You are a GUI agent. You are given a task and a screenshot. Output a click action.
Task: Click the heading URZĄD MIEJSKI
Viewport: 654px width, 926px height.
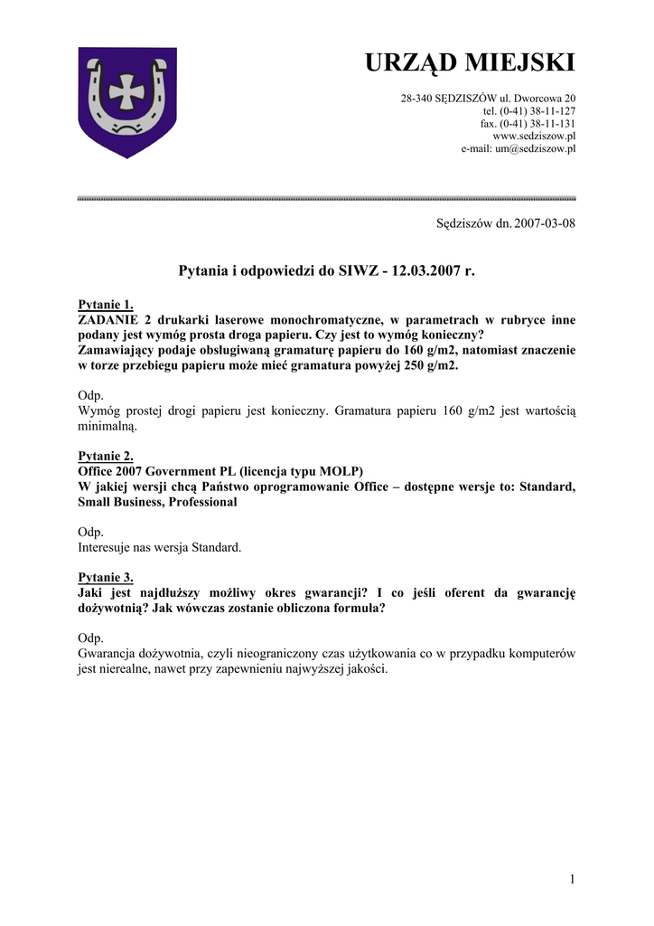(469, 62)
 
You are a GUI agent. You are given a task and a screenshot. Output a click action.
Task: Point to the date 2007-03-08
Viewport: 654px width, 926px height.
(545, 222)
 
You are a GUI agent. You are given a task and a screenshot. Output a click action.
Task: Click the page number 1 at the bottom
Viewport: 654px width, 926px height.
(572, 879)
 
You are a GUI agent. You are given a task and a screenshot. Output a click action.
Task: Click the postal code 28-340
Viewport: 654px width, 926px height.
(417, 98)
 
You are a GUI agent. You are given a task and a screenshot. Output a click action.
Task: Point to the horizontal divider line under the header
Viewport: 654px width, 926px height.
(327, 197)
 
